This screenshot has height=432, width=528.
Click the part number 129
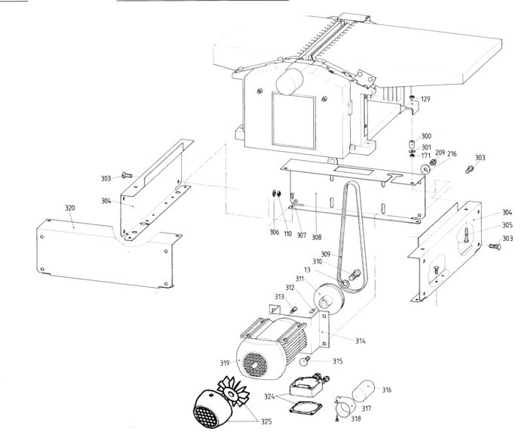(426, 99)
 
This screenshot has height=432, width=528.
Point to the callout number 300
(426, 136)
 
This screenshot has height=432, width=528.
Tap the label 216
(453, 153)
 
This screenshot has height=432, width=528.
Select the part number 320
(69, 207)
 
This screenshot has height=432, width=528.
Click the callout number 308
(317, 236)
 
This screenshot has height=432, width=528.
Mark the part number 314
(361, 341)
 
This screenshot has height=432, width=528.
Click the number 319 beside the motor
(225, 363)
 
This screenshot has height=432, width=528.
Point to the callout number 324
(269, 396)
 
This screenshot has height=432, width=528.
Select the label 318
(355, 418)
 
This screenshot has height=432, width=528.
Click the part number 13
(308, 270)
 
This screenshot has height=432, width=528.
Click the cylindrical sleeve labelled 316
(366, 393)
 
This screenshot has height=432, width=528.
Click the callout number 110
(287, 233)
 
